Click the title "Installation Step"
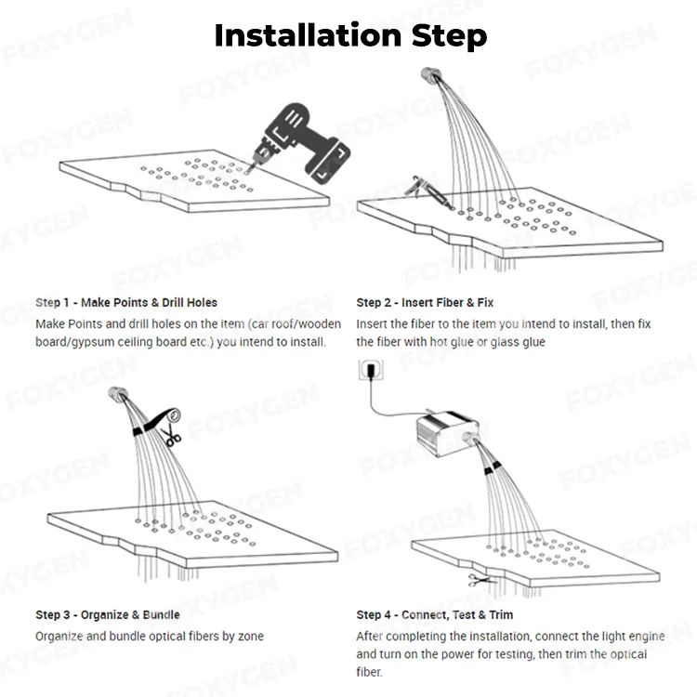click(x=349, y=35)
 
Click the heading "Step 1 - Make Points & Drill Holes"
click(x=126, y=303)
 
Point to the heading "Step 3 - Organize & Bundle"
click(x=108, y=615)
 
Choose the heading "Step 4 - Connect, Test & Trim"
click(x=434, y=615)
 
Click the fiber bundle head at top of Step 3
click(x=118, y=394)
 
